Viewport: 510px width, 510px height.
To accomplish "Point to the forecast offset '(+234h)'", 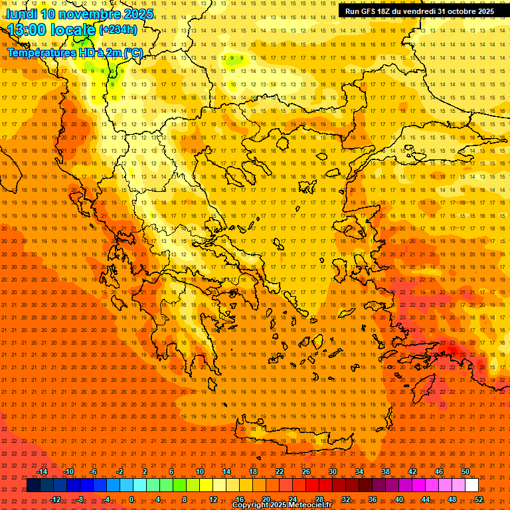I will pos(118,30).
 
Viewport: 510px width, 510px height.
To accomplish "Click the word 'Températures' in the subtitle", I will pos(39,52).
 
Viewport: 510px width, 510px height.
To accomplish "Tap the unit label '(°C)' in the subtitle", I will pos(133,52).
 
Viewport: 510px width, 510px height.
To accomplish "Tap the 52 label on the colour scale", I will pos(479,499).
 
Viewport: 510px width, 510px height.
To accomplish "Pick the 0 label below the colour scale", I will pos(131,499).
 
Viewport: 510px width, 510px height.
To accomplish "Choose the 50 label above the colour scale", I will pos(466,471).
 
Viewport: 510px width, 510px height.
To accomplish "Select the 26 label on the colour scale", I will pos(306,471).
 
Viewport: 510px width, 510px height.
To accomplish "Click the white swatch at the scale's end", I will pos(471,485).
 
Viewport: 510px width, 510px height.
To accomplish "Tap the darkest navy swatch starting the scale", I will pos(33,485).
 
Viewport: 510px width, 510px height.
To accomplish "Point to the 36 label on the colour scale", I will pos(373,499).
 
